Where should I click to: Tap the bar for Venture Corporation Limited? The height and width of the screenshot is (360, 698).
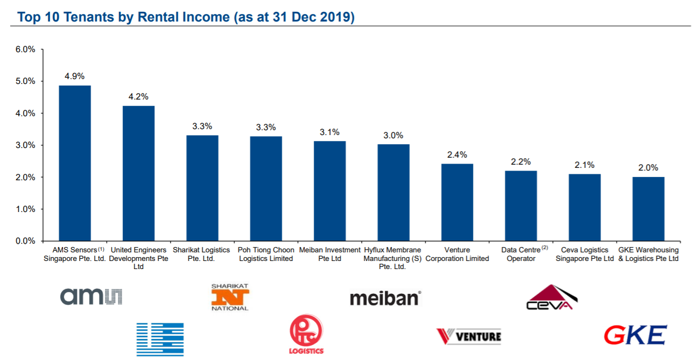[x=457, y=202]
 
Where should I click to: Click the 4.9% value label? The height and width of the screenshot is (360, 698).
[x=74, y=76]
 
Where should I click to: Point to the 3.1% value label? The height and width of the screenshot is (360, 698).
[x=329, y=132]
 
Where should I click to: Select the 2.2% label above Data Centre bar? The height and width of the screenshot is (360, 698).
[x=520, y=161]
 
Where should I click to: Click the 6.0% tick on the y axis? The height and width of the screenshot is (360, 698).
[x=25, y=50]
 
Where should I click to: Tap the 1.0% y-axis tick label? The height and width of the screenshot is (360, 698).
[x=25, y=209]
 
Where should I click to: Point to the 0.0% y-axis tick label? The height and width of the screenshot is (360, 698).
[x=25, y=241]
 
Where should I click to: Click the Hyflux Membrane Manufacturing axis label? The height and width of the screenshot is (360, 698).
[x=392, y=258]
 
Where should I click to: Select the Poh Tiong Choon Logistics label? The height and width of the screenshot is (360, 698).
[x=266, y=254]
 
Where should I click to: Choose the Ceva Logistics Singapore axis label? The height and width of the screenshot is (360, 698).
[x=584, y=254]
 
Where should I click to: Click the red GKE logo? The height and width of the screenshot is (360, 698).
[x=635, y=335]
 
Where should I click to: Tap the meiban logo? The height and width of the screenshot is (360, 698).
[x=385, y=298]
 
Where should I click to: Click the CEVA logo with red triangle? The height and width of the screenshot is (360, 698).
[x=551, y=298]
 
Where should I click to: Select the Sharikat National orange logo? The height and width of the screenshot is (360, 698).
[x=230, y=297]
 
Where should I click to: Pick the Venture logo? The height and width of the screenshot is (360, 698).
[x=468, y=336]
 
